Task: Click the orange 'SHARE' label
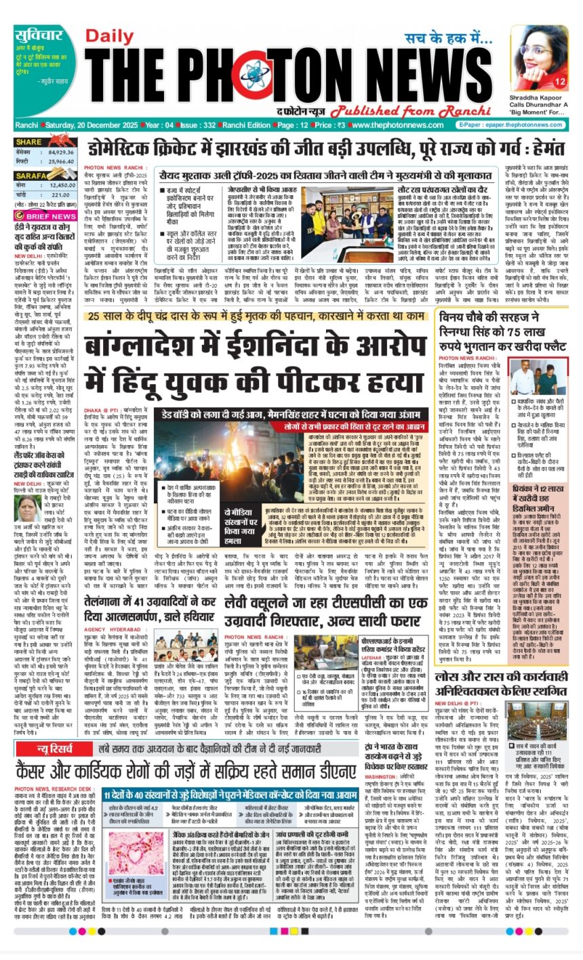point(29,142)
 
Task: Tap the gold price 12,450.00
point(62,185)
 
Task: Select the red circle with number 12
point(561,82)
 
